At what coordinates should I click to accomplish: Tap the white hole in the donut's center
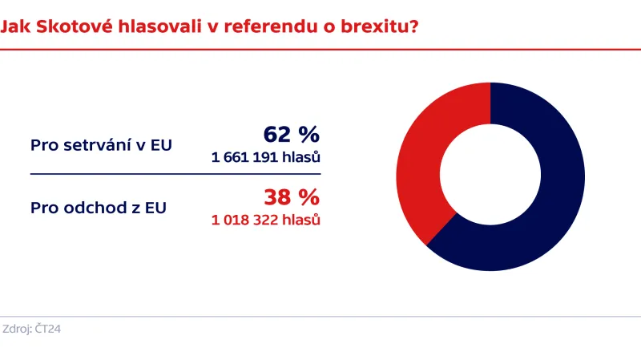[490, 176]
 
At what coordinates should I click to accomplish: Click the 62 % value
[292, 135]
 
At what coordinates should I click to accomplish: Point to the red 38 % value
[292, 197]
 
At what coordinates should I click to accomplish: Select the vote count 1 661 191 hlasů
[266, 157]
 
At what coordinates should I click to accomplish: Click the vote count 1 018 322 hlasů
[266, 219]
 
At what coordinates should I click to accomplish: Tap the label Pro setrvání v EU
[101, 145]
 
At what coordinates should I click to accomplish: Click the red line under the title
[320, 49]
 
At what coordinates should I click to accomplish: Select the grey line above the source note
[320, 316]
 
